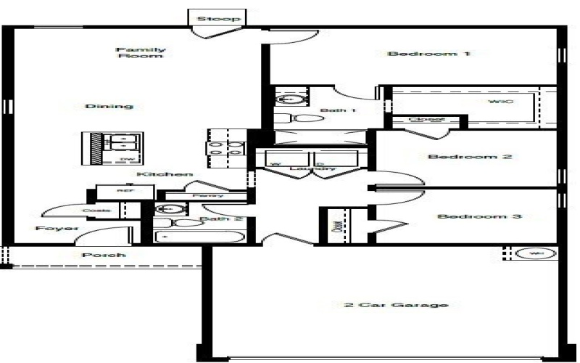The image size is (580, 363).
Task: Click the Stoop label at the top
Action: point(218,18)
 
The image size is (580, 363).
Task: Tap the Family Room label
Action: point(140,52)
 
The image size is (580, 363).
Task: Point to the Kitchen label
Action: point(165,175)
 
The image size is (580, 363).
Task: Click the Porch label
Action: point(104,256)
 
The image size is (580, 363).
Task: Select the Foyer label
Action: point(57,228)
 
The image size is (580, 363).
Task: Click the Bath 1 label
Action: point(338,111)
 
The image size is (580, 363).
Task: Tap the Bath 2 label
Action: point(215,219)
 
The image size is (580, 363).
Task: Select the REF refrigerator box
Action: point(125,191)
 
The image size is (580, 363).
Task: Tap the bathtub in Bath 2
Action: point(200,237)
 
